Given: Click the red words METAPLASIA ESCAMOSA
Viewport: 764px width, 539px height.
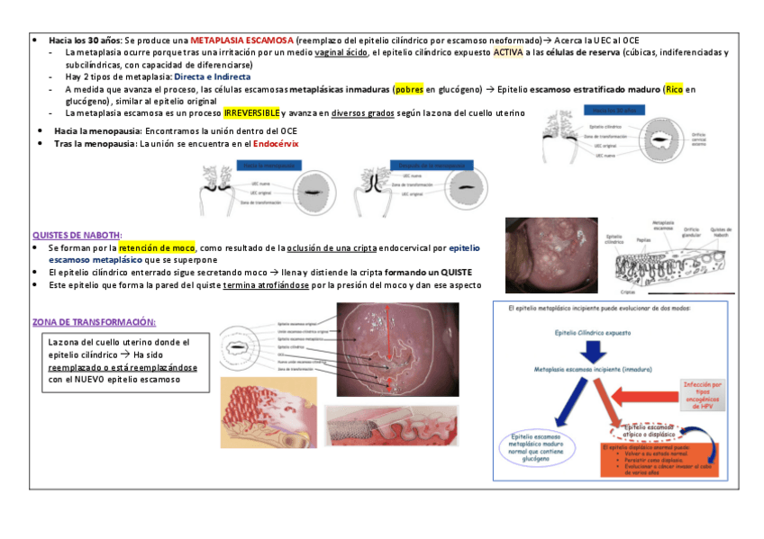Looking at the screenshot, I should [241, 41].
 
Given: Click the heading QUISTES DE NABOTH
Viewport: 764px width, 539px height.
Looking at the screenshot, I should [77, 235].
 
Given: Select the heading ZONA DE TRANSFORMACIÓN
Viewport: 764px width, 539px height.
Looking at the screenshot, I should [94, 322].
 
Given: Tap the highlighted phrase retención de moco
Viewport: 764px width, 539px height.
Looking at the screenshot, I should [157, 247].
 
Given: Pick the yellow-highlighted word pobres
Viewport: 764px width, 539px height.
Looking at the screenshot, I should [409, 90].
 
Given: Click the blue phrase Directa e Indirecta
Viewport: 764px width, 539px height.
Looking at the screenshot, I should [213, 77].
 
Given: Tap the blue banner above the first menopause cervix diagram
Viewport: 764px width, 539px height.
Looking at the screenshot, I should [268, 166].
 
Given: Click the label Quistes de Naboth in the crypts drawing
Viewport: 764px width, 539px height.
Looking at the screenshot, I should [720, 230].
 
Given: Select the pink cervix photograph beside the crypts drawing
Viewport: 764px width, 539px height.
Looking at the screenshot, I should [551, 256].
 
